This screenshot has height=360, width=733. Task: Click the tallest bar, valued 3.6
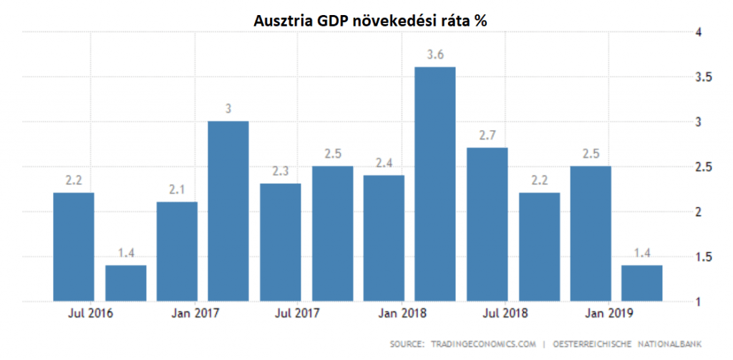click(435, 183)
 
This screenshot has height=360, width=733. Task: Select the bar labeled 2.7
click(487, 224)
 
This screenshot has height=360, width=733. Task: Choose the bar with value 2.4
click(384, 238)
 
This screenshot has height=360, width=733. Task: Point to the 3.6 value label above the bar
click(435, 55)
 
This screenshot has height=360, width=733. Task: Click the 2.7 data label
click(487, 136)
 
